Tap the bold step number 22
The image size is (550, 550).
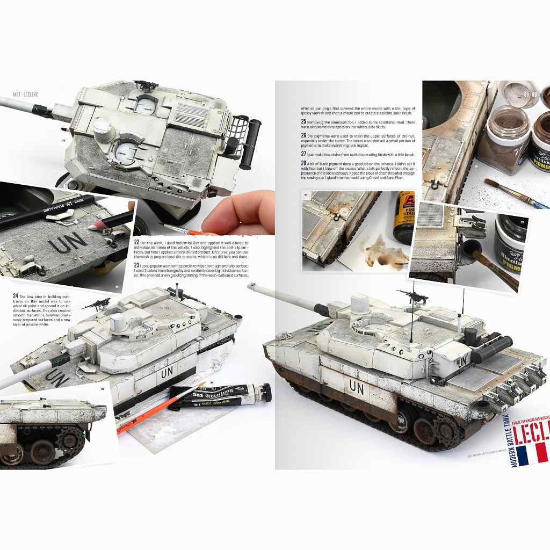tap(136, 242)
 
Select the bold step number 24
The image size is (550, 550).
tap(15, 296)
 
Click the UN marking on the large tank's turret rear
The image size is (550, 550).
tap(462, 362)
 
